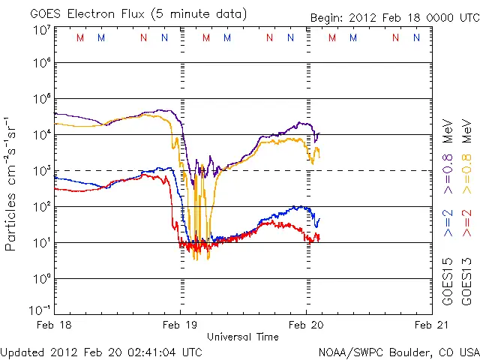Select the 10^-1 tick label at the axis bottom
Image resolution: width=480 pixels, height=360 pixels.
pos(40,310)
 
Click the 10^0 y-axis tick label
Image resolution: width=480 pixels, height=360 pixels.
pos(42,279)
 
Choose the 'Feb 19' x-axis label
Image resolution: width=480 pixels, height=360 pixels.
pos(180,325)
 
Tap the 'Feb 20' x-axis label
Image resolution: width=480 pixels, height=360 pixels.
pos(306,325)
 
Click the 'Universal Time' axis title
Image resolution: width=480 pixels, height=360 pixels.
pos(243,337)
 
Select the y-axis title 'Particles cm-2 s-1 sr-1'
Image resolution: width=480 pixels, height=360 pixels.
pos(13,183)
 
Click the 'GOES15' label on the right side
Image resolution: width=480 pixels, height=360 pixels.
pos(448,280)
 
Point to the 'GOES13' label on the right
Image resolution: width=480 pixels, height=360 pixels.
pos(465,280)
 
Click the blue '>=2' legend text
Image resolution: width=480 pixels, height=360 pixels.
pos(448,224)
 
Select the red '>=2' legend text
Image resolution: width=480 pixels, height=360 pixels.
pos(465,224)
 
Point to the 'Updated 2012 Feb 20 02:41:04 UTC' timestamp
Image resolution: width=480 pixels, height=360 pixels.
pos(101,351)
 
